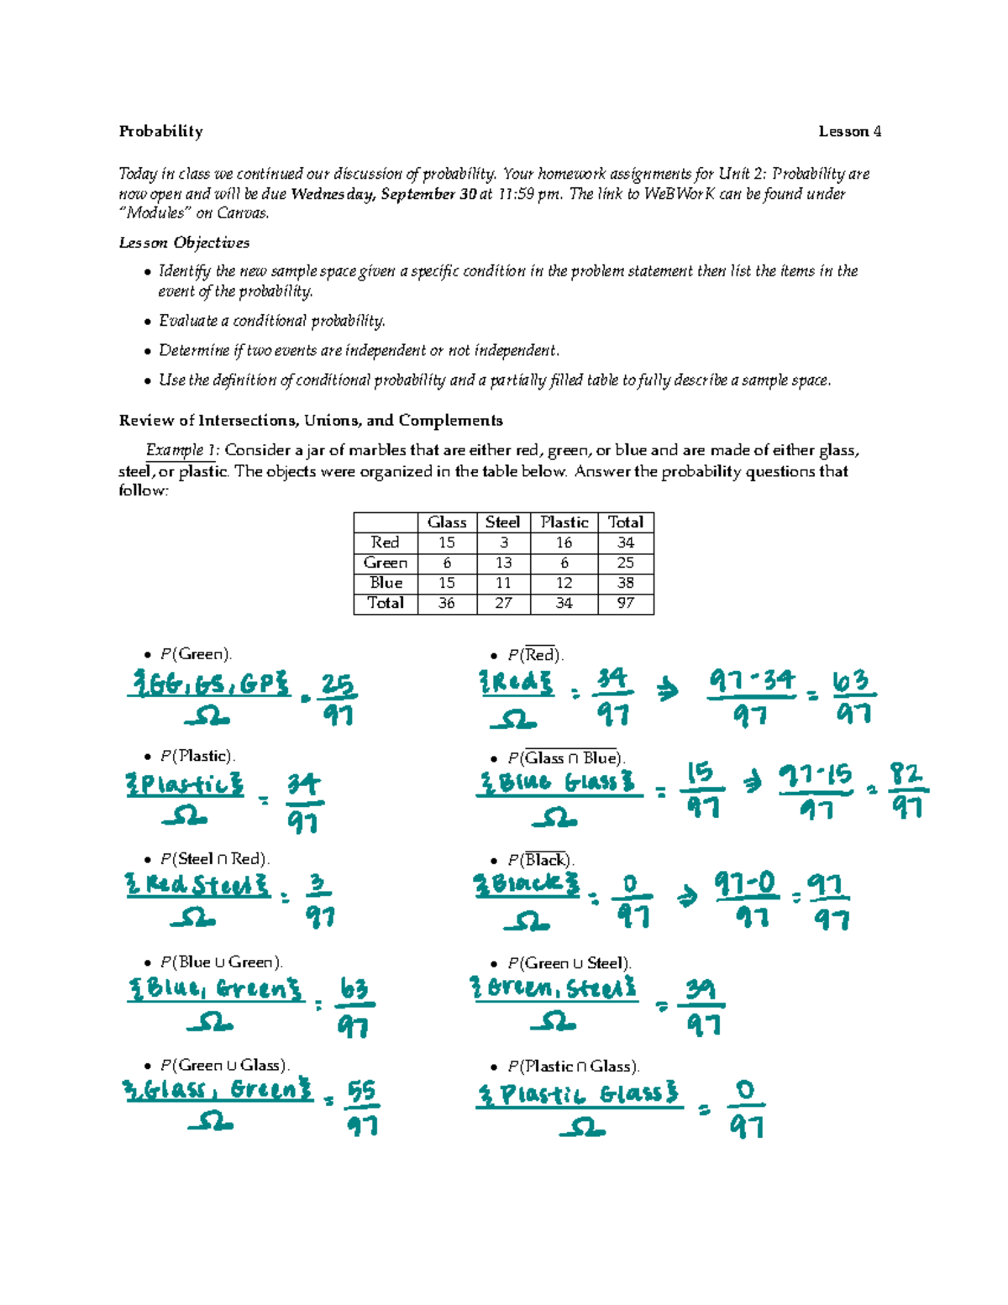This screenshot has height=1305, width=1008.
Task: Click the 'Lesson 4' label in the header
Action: (x=849, y=131)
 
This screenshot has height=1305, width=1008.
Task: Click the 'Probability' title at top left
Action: (x=160, y=131)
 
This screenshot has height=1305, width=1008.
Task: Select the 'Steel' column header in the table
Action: (x=502, y=522)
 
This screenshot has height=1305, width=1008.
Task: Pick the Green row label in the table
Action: (x=386, y=563)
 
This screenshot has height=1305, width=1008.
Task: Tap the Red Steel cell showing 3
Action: (x=503, y=542)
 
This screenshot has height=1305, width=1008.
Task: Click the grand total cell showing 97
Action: (x=626, y=603)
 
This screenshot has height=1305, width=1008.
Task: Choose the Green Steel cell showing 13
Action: (x=503, y=563)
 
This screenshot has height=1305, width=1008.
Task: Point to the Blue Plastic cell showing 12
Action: (x=564, y=583)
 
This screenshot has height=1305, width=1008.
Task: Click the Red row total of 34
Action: (x=626, y=542)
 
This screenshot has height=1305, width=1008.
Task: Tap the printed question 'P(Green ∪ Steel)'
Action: (x=569, y=963)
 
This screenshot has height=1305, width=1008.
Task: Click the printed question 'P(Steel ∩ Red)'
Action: (x=214, y=859)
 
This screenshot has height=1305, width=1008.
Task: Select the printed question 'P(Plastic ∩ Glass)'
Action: (x=573, y=1067)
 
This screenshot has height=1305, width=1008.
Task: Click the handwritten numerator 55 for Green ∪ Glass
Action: (x=362, y=1091)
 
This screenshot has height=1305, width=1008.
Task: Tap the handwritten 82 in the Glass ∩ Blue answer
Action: (x=906, y=773)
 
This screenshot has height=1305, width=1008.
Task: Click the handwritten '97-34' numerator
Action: (x=751, y=680)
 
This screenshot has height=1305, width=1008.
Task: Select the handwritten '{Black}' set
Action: (x=527, y=884)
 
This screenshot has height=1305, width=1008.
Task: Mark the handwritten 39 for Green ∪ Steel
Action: (x=701, y=989)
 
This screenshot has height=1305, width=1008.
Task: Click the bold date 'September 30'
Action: (x=428, y=194)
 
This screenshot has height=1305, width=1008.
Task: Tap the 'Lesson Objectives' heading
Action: (x=184, y=243)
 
